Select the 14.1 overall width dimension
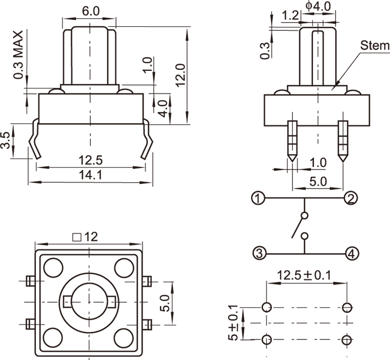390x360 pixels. point(90,175)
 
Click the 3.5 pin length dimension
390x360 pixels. point(6,141)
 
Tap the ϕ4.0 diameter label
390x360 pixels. point(318,6)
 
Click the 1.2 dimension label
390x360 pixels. point(290,15)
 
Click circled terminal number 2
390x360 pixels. point(351,198)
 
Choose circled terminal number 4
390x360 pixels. point(352,253)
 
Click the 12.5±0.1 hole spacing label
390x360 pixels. point(304,275)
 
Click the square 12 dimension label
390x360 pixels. point(85,237)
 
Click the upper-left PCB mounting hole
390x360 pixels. point(266,308)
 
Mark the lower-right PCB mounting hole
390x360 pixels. point(347,339)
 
